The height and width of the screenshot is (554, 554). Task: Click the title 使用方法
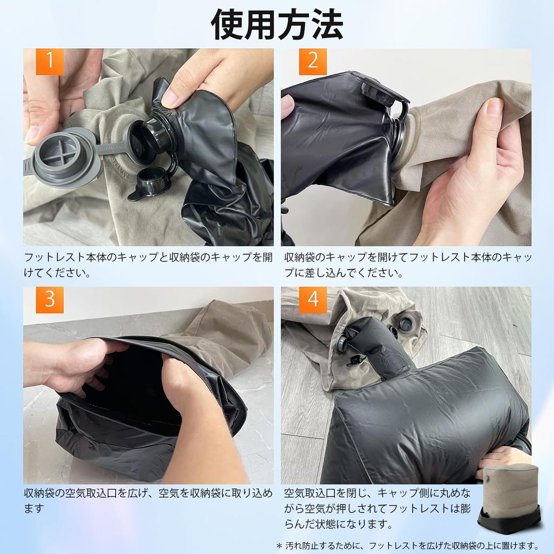point(276,24)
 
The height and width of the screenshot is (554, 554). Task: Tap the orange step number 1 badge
point(50,62)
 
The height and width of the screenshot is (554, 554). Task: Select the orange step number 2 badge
point(313,62)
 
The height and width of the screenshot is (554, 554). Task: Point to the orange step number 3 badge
point(50,300)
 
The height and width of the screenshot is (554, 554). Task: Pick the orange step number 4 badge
point(313,300)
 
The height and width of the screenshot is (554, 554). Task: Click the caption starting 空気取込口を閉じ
point(379,509)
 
